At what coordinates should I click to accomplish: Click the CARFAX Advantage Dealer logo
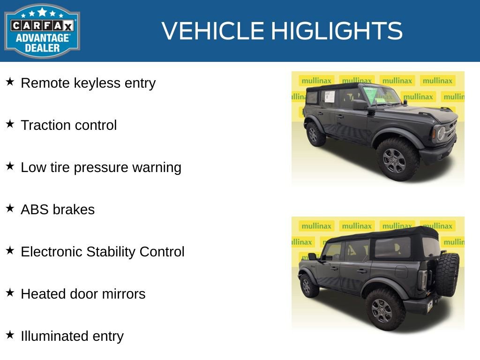pyautogui.click(x=42, y=31)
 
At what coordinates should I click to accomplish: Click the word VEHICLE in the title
pyautogui.click(x=212, y=31)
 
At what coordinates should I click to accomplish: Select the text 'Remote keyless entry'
pyautogui.click(x=88, y=83)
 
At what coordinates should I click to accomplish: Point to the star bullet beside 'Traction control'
pyautogui.click(x=10, y=124)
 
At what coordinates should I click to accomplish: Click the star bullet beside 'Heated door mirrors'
pyautogui.click(x=10, y=293)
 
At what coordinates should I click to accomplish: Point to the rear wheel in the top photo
pyautogui.click(x=315, y=134)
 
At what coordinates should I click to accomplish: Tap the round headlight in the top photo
pyautogui.click(x=441, y=134)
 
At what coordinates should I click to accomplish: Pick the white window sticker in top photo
pyautogui.click(x=330, y=97)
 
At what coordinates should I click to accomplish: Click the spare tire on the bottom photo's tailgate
pyautogui.click(x=447, y=275)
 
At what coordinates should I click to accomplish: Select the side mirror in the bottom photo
pyautogui.click(x=312, y=256)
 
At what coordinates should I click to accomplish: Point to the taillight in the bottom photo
pyautogui.click(x=424, y=279)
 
